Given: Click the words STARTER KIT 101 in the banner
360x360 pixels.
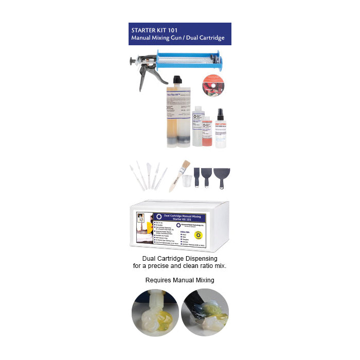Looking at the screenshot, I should point(153,29).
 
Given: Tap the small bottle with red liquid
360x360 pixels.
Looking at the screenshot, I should point(207,132).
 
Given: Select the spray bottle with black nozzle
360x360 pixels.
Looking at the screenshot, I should point(221,129).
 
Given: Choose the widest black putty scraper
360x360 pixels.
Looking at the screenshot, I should point(222,176).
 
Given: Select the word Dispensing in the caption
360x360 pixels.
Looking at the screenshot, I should point(198,258).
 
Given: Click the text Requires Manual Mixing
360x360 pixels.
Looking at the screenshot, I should point(179,280).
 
